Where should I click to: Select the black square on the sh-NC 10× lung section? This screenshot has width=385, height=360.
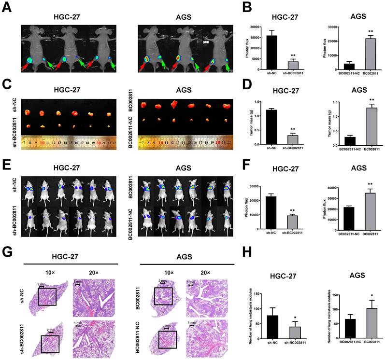pos(47,296)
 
